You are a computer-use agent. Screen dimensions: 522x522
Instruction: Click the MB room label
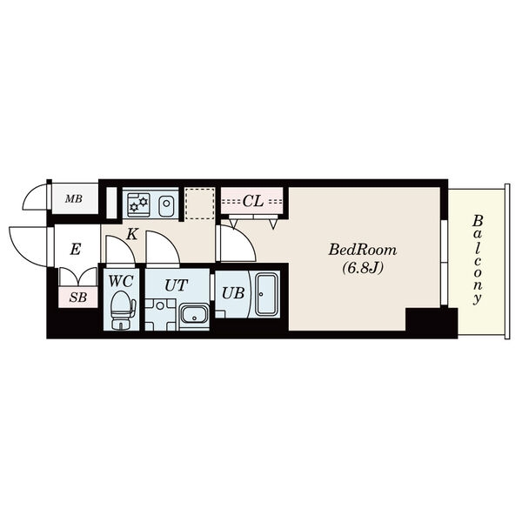(74, 199)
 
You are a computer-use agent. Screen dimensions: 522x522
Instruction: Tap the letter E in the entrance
(75, 249)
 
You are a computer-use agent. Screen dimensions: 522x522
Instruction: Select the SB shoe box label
(78, 298)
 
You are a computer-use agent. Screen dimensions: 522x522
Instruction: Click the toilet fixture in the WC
(122, 311)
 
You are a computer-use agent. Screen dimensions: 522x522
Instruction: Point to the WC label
(121, 282)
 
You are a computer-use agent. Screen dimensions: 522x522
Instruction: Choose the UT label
(176, 285)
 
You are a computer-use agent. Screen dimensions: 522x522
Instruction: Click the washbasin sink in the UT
(194, 315)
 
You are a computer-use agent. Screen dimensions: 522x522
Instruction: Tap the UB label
(233, 293)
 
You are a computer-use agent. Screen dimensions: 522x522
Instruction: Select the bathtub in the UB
(266, 294)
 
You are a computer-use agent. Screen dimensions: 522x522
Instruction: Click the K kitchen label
(132, 234)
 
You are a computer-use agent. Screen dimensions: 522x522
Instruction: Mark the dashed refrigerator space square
(200, 204)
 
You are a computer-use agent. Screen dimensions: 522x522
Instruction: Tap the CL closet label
(253, 202)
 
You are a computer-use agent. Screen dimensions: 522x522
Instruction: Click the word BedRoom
(363, 250)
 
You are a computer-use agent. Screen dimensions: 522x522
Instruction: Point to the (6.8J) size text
(363, 267)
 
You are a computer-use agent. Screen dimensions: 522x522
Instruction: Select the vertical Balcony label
(478, 260)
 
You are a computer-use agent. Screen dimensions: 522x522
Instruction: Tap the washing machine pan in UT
(160, 315)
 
